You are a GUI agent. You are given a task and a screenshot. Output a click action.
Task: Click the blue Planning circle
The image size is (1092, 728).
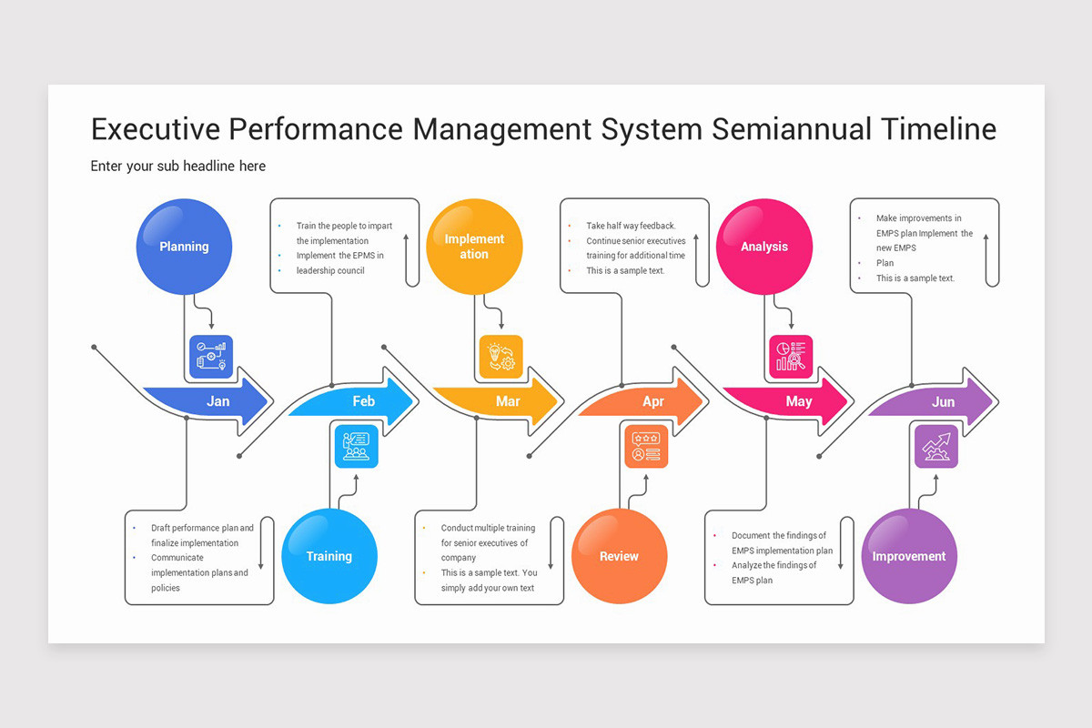tap(184, 247)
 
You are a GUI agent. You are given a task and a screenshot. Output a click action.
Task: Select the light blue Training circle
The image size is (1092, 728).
tap(329, 556)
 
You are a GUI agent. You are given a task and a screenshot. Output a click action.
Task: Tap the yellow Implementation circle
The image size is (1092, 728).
tap(474, 247)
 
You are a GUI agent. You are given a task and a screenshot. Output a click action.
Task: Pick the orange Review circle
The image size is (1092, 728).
tap(619, 556)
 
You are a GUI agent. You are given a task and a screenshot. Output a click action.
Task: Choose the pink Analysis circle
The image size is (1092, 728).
tap(763, 247)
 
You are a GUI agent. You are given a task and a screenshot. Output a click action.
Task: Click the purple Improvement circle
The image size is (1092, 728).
tap(909, 556)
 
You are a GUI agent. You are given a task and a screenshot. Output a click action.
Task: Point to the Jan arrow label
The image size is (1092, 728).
tap(217, 401)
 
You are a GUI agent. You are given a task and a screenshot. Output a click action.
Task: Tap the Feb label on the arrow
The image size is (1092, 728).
tap(363, 401)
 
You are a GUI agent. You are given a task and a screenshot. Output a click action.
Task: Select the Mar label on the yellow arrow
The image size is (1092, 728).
tap(508, 401)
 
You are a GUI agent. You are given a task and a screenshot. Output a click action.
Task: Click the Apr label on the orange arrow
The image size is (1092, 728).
tap(653, 401)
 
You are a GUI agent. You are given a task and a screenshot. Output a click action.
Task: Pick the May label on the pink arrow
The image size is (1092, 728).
tap(798, 401)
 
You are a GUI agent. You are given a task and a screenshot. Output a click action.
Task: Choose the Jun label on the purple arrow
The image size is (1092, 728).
tap(944, 401)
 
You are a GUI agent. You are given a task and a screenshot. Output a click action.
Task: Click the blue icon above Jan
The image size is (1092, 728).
tap(211, 357)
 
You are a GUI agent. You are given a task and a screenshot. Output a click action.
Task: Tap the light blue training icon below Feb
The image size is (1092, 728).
tap(356, 446)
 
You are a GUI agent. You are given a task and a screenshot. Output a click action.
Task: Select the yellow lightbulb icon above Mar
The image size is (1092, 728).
tap(501, 357)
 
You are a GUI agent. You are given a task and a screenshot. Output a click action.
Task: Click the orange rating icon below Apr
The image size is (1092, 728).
tap(646, 446)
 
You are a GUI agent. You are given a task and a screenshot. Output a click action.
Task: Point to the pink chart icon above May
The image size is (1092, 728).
tap(791, 357)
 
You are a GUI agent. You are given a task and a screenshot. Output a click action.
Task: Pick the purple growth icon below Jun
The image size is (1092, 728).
tap(936, 446)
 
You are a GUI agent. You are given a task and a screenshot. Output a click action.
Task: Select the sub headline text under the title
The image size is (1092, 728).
tap(178, 166)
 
